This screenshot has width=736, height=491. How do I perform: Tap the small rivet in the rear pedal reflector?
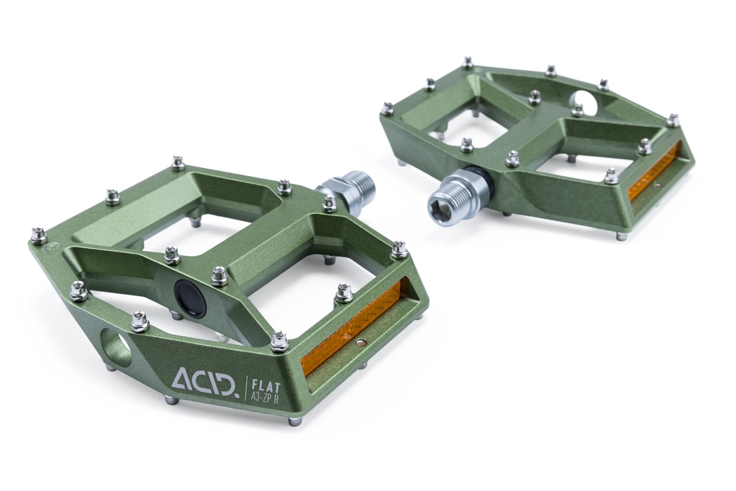point(658,185)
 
